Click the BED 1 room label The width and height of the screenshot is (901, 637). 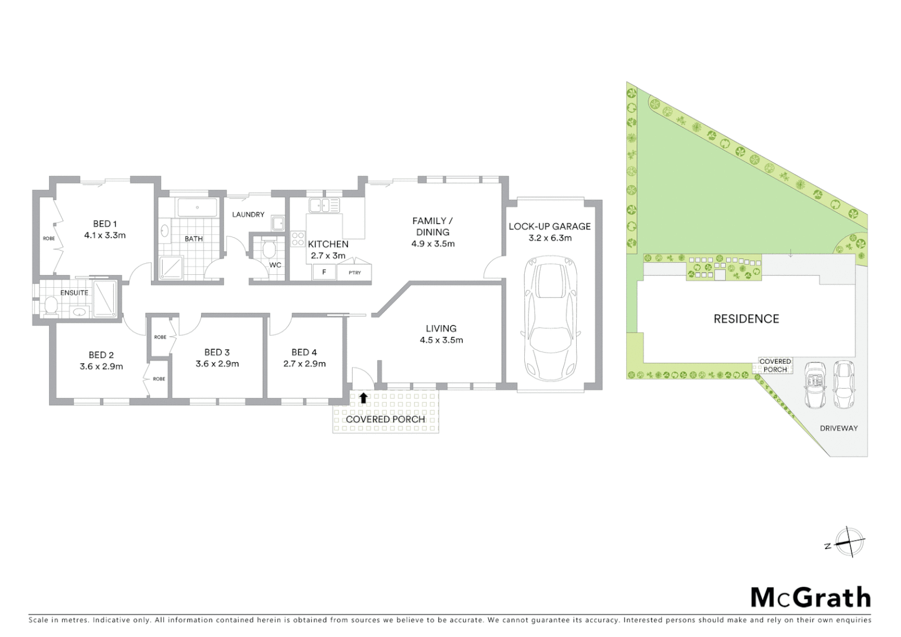tap(105, 224)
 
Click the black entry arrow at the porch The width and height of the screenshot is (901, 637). tap(363, 398)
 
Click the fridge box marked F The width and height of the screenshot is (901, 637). tap(324, 272)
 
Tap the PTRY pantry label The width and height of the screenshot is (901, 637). tap(354, 272)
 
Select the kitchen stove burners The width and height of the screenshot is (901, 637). tap(298, 238)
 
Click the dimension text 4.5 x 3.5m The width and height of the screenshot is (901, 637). tap(441, 340)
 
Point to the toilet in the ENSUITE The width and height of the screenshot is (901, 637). tap(51, 306)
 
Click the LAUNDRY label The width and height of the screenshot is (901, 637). tap(248, 214)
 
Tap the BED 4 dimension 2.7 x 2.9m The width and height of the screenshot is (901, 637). tap(304, 363)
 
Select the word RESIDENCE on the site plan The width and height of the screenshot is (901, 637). tap(746, 318)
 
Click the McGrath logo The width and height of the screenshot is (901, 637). tap(810, 597)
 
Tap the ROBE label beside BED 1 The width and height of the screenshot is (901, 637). tap(48, 239)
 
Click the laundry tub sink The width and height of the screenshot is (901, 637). tap(277, 223)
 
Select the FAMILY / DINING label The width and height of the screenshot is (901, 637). tap(433, 226)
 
